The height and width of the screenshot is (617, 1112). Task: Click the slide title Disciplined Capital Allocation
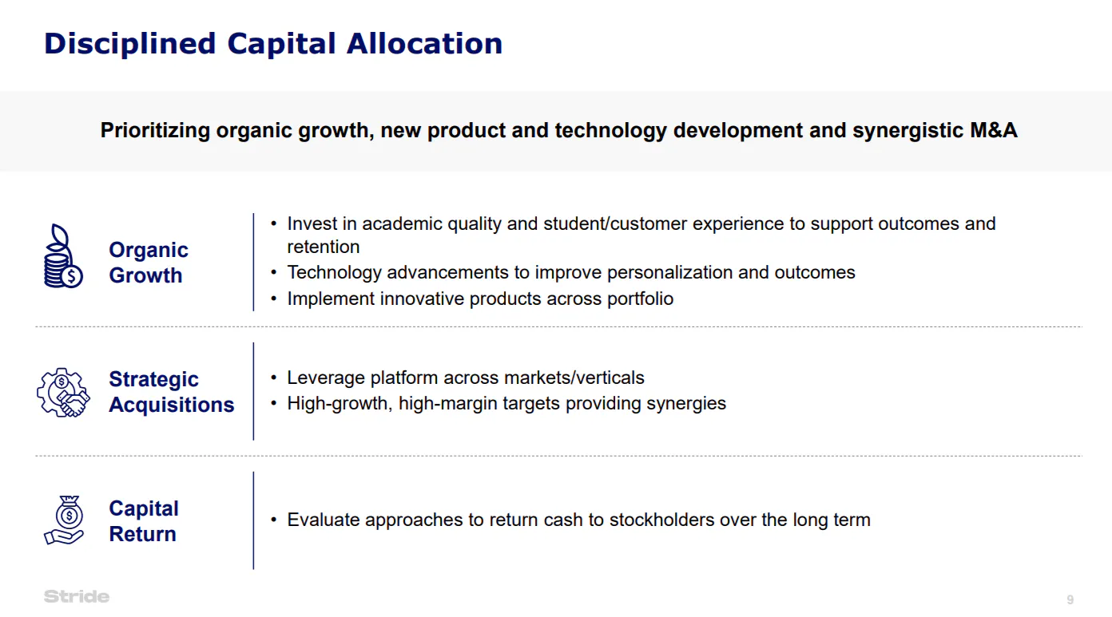pos(273,43)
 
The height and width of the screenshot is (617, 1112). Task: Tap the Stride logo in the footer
pos(77,596)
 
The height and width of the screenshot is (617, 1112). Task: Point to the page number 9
pos(1070,599)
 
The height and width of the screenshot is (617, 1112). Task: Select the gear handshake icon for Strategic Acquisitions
pos(63,392)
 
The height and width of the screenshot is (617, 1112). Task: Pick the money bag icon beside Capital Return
pos(63,520)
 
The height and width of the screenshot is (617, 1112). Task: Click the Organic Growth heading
pos(149,263)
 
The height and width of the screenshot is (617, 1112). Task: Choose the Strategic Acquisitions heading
pos(171,392)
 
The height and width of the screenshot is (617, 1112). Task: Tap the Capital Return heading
pos(144,521)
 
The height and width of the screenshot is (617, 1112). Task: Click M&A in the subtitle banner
pos(993,130)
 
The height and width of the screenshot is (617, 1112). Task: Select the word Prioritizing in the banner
pos(155,130)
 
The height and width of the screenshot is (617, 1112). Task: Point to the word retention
pos(324,247)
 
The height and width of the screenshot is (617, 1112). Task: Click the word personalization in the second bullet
pos(669,272)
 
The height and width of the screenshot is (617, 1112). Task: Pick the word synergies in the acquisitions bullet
pos(686,403)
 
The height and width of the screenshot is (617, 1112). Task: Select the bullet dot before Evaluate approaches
pos(274,520)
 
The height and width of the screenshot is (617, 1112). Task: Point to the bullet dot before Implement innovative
pos(274,299)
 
